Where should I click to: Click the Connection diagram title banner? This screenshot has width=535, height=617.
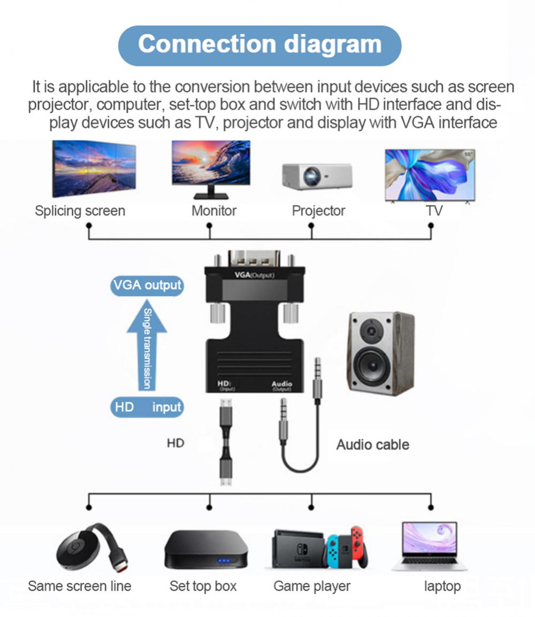coord(259,45)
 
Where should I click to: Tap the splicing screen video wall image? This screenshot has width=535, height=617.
coord(94,168)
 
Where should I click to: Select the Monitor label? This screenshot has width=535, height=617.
coord(213,211)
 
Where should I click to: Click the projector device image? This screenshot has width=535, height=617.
coord(317,176)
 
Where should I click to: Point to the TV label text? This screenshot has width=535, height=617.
coord(434,211)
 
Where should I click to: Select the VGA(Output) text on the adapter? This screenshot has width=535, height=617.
coord(254,275)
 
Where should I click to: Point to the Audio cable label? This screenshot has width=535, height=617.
coord(372,444)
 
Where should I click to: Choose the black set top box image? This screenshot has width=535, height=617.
coord(206,550)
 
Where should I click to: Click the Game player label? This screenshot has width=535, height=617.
coord(311,586)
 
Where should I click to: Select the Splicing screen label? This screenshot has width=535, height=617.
coord(80,211)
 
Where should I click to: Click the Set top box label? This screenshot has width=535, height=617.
coord(203,586)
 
